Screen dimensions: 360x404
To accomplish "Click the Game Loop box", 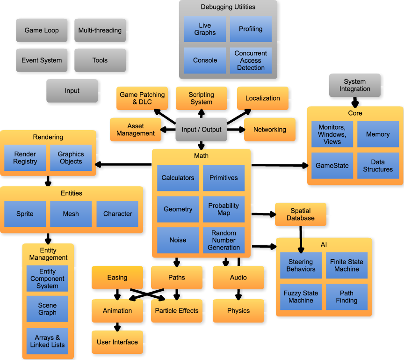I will click(x=42, y=30).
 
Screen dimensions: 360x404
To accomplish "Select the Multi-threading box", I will click(x=100, y=30).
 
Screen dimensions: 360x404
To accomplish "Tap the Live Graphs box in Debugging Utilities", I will click(x=205, y=29).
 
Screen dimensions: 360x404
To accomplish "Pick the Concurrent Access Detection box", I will click(x=251, y=60).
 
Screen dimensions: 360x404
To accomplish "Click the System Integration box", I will click(x=354, y=85).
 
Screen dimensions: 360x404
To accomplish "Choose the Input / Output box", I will click(x=202, y=130).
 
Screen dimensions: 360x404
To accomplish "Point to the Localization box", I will click(x=263, y=98).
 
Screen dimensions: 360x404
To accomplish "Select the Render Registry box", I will click(x=25, y=158).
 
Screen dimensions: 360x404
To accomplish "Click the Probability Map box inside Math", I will click(x=224, y=209).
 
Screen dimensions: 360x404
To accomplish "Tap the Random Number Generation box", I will click(x=224, y=240).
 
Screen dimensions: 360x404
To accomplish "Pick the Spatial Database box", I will click(x=301, y=214).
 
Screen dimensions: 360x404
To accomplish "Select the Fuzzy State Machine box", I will click(x=301, y=297).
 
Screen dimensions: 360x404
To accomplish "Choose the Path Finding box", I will click(x=346, y=297).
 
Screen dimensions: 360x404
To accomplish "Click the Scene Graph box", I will click(x=47, y=309).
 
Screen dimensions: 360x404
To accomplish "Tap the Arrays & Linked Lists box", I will click(x=47, y=341).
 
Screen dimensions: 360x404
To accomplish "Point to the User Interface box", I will click(x=117, y=342).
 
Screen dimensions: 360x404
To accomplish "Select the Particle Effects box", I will click(x=177, y=311).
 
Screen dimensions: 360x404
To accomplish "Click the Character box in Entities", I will click(x=117, y=214).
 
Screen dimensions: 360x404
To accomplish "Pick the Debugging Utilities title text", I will click(x=228, y=7).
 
